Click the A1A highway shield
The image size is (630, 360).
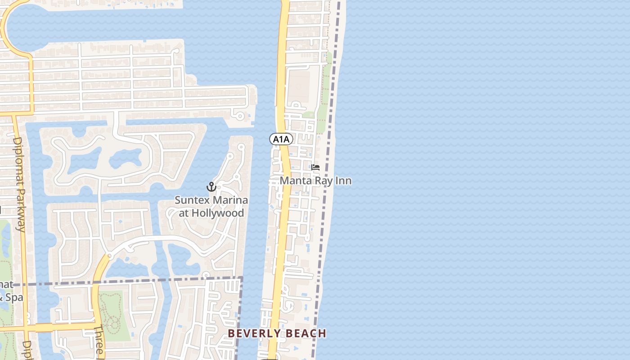281,139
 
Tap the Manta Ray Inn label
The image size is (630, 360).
315,180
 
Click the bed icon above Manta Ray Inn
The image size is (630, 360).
315,167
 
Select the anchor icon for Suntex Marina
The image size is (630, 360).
211,187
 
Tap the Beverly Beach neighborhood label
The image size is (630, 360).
277,333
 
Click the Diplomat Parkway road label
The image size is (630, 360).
18,184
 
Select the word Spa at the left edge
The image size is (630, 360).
15,297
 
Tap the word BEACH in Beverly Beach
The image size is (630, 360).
305,333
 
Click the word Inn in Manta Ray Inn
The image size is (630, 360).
343,180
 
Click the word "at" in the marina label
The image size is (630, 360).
184,213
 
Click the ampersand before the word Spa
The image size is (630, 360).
2,297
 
